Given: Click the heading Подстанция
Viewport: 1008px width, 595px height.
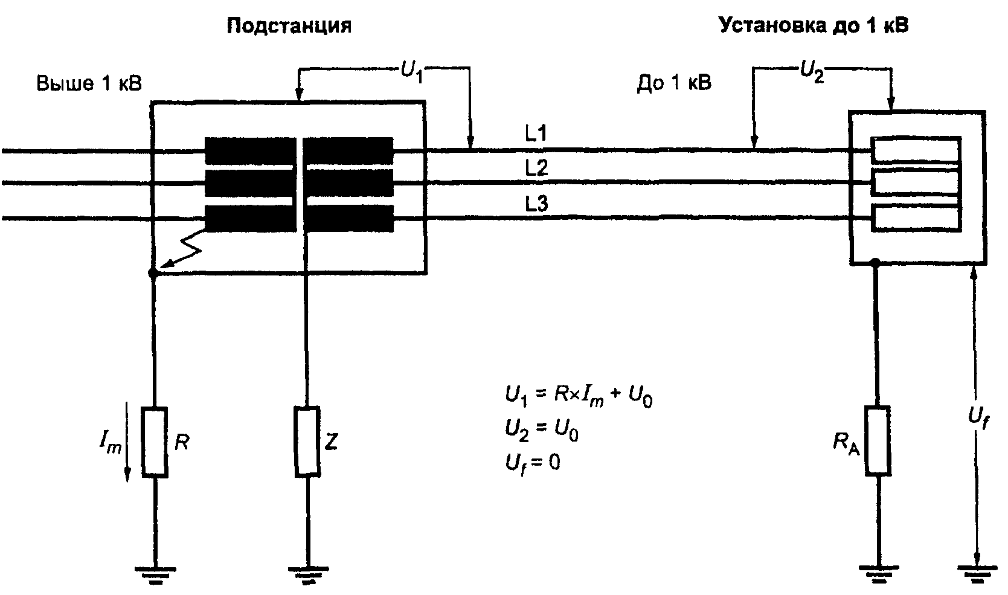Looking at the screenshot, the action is pyautogui.click(x=289, y=26).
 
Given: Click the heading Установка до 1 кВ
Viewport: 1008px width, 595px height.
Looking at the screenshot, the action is pyautogui.click(x=814, y=25).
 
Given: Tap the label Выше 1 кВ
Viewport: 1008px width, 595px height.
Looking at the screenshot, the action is pyautogui.click(x=89, y=83).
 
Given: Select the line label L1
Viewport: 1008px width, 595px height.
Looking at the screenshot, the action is pyautogui.click(x=536, y=133).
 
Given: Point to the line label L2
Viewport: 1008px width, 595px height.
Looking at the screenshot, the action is pyautogui.click(x=536, y=168).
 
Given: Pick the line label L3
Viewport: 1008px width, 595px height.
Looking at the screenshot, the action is pyautogui.click(x=536, y=204).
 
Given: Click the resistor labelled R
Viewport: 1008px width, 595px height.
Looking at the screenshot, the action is pyautogui.click(x=155, y=442).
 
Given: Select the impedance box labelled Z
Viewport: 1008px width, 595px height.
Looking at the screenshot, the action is pyautogui.click(x=307, y=441).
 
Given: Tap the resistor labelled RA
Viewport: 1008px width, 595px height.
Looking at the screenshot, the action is pyautogui.click(x=878, y=440).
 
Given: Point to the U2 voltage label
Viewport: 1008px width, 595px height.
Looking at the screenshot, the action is pyautogui.click(x=812, y=72).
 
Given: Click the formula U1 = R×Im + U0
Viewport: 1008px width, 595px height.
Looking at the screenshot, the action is pyautogui.click(x=579, y=396).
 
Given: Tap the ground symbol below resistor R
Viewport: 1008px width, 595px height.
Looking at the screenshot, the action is pyautogui.click(x=155, y=574).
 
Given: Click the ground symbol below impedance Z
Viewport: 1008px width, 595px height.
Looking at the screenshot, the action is pyautogui.click(x=308, y=574).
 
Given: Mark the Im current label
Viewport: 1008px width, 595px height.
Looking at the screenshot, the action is pyautogui.click(x=111, y=442).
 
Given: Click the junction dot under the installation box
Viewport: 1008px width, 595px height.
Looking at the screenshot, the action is pyautogui.click(x=875, y=262).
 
